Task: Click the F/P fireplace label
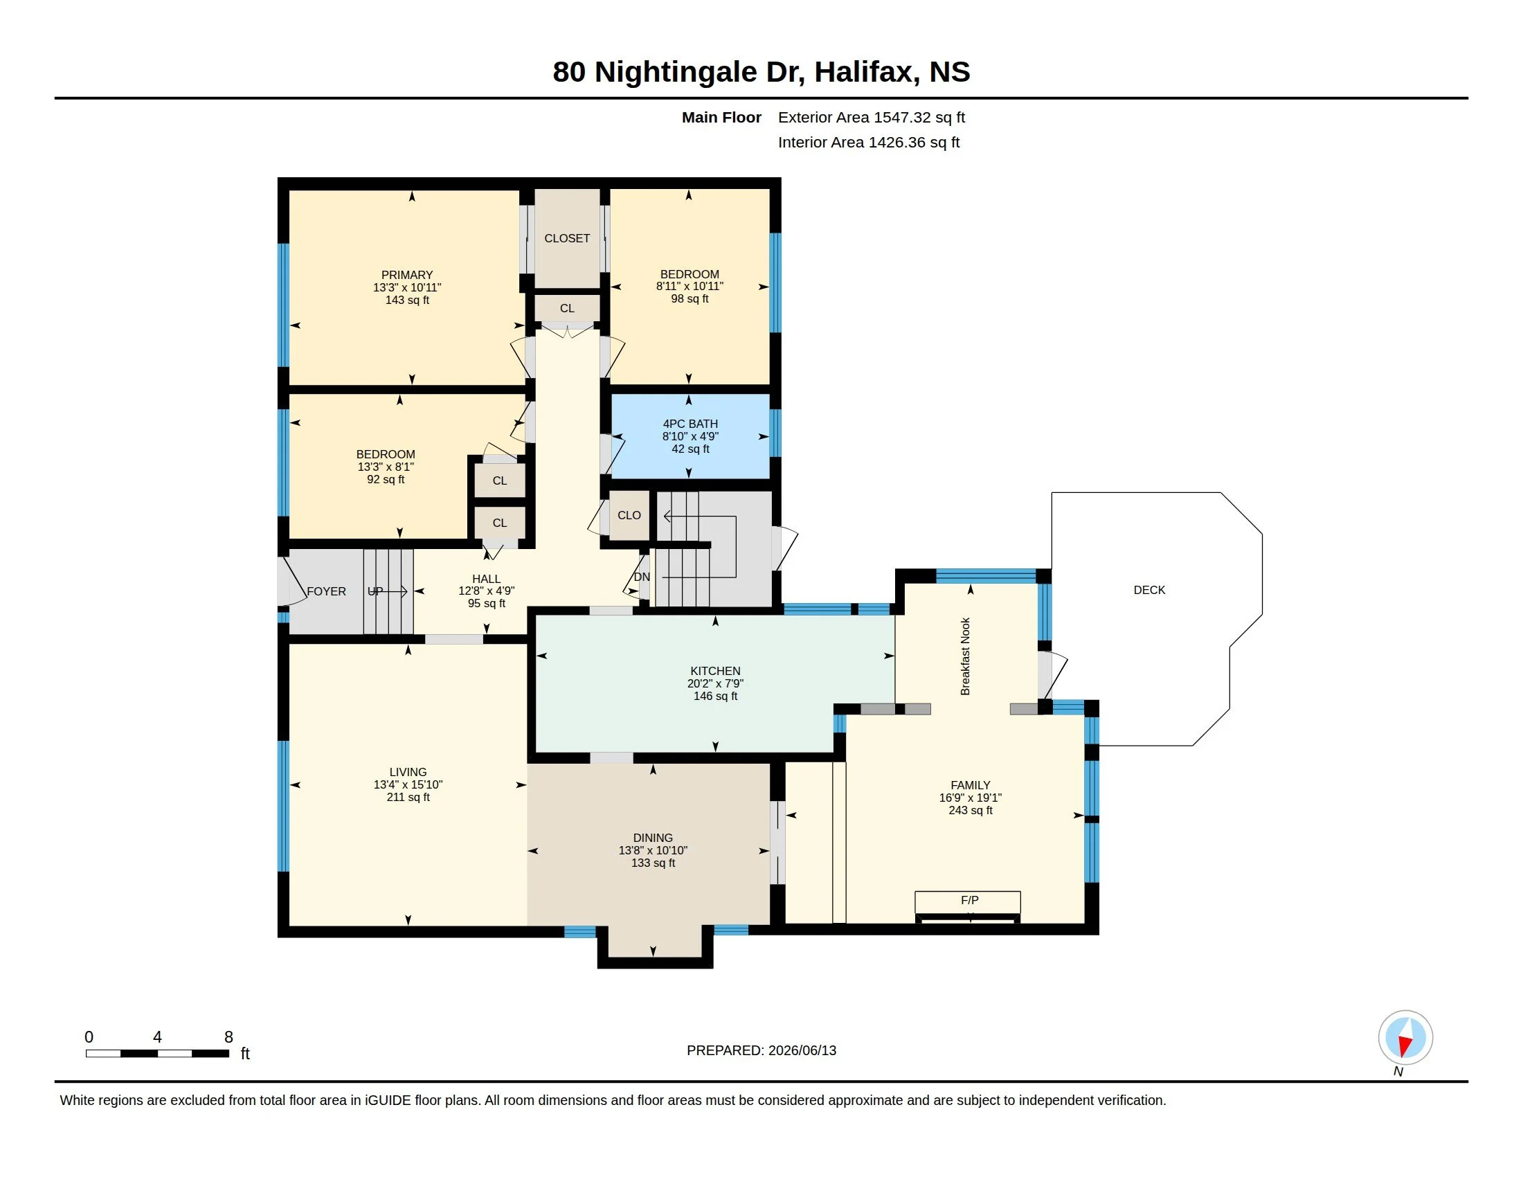coord(969,900)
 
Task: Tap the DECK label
coord(1149,590)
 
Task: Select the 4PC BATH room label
coord(690,424)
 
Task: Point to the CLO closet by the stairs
coord(629,515)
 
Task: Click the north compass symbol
coord(1405,1039)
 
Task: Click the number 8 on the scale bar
coord(228,1037)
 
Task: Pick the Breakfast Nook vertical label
coord(965,656)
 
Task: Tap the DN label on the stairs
coord(642,577)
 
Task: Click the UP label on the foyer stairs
coord(375,591)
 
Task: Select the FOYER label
coord(326,591)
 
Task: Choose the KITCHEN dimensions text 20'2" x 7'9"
coord(716,683)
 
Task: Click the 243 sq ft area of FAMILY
coord(970,810)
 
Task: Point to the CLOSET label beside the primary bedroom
coord(567,238)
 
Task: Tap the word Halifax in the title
coord(863,72)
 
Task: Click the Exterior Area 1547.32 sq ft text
coord(871,117)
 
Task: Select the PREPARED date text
coord(761,1050)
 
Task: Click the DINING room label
coord(653,838)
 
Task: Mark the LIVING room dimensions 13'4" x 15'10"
coord(408,784)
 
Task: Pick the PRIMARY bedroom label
coord(407,275)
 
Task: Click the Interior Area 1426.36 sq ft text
coord(869,142)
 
